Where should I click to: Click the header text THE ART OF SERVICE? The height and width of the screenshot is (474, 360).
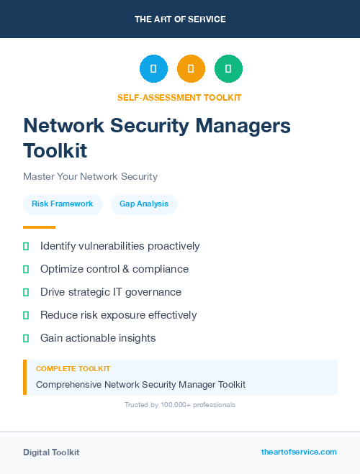pos(180,19)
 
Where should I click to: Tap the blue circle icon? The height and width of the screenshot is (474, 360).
pos(153,69)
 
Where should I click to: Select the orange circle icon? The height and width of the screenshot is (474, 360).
pos(191,69)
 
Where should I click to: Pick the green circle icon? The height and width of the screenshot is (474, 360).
pos(228,69)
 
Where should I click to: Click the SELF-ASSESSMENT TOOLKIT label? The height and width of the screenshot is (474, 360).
pos(179,98)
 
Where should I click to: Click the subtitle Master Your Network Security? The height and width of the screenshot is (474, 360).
pos(90,176)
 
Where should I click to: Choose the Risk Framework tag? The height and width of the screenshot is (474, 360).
pos(63,204)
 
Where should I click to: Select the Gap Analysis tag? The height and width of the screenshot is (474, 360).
pos(144,204)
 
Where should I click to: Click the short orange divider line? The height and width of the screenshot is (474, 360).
pos(39,227)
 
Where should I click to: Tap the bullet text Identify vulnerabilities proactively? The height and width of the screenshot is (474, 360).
pos(120,246)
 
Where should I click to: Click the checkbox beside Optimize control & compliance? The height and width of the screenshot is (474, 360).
pos(26,269)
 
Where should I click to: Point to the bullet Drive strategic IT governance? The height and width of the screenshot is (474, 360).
pos(111,292)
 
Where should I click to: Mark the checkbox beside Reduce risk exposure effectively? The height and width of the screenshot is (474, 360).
pos(26,315)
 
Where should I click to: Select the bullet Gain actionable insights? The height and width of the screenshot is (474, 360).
pos(98,338)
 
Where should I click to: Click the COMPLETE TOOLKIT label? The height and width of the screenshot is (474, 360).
pos(73,368)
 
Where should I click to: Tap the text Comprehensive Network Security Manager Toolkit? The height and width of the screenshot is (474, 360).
pos(140,384)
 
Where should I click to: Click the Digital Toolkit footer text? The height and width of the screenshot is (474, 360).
pos(51,452)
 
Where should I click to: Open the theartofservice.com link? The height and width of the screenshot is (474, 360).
pos(299,452)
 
